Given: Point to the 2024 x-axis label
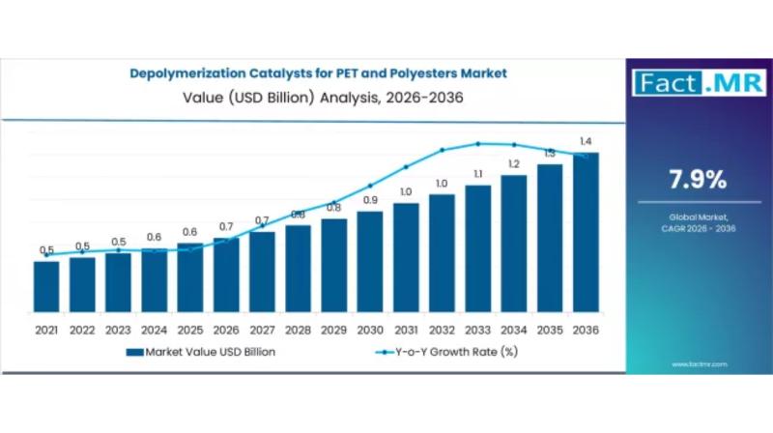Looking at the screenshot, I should (155, 331).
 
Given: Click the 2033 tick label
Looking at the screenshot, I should (477, 331).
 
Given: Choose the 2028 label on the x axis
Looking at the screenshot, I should (298, 331).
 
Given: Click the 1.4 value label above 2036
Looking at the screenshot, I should (586, 141).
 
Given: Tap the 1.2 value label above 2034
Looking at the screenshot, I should (513, 163).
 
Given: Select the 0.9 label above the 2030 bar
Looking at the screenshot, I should (370, 200).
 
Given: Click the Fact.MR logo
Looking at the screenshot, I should (697, 82).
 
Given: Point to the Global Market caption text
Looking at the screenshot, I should (697, 218).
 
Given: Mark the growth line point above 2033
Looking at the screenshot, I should (477, 144).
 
